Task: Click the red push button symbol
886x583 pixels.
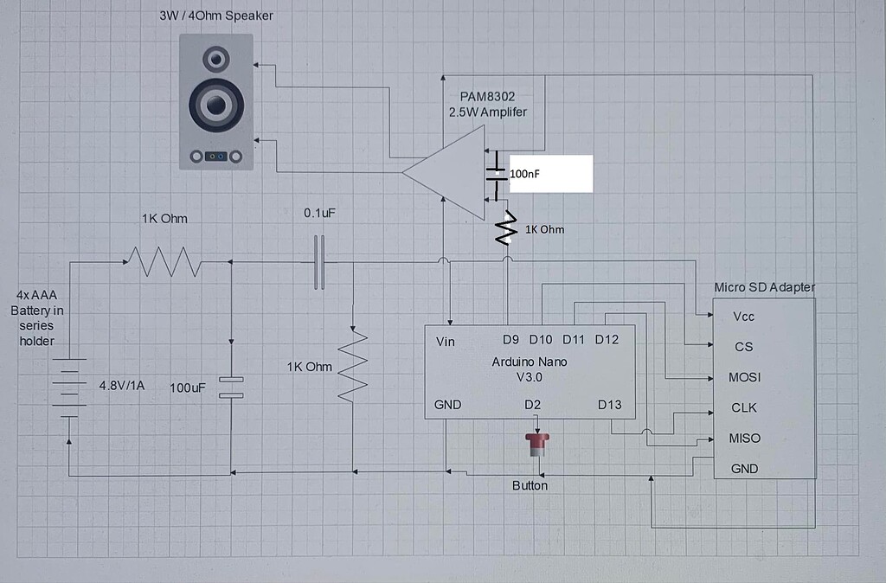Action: point(536,444)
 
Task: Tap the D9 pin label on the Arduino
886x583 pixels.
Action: point(510,340)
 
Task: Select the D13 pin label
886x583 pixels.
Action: point(610,405)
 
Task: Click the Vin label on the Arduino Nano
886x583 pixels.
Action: point(446,341)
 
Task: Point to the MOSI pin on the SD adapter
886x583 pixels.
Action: point(744,377)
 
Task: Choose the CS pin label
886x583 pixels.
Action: point(743,346)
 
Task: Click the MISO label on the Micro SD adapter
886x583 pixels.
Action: point(744,438)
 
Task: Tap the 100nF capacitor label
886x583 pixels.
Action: point(524,174)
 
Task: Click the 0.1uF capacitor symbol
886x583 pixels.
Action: point(320,262)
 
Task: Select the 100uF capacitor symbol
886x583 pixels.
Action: point(231,387)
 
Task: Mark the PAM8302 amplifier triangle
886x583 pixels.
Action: point(444,172)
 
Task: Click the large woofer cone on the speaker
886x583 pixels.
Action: point(216,105)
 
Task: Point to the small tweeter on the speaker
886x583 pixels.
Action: point(215,59)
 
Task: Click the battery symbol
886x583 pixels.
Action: point(69,388)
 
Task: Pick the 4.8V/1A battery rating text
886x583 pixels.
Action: point(121,385)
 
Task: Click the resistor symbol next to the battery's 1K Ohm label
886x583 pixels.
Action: point(164,261)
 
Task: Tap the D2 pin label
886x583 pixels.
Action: point(532,405)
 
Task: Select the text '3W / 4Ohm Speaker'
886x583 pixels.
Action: point(215,16)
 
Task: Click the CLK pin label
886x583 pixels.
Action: point(743,407)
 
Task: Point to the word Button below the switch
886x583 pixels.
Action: point(530,485)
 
